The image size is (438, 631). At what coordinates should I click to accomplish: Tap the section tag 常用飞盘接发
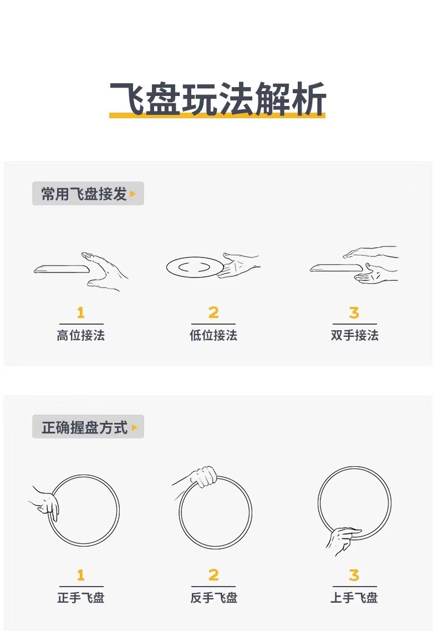coord(84,194)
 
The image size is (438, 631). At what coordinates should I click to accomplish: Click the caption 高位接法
coord(81,335)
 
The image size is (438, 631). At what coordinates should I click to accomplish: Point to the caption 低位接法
coord(213,335)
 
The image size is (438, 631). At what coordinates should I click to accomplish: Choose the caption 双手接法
coord(355,335)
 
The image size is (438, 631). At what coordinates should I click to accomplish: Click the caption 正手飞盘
coord(81,598)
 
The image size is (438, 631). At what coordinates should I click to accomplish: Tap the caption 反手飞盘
coord(213,598)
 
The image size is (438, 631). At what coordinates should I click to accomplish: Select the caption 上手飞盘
coord(355,598)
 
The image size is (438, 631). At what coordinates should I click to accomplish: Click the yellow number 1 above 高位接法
coord(81,313)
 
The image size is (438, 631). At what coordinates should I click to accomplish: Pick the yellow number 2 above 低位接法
coord(213,313)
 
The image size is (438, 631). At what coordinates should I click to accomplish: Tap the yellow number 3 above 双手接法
coord(354,313)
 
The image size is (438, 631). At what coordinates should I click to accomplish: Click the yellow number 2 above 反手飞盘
coord(213,575)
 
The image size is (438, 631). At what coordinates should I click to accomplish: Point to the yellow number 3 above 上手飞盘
coord(354,575)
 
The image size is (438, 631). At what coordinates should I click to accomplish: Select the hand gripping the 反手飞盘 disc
coord(203,477)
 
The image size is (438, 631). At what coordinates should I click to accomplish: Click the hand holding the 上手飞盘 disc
coord(342,538)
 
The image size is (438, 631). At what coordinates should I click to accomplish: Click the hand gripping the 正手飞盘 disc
coord(47,503)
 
